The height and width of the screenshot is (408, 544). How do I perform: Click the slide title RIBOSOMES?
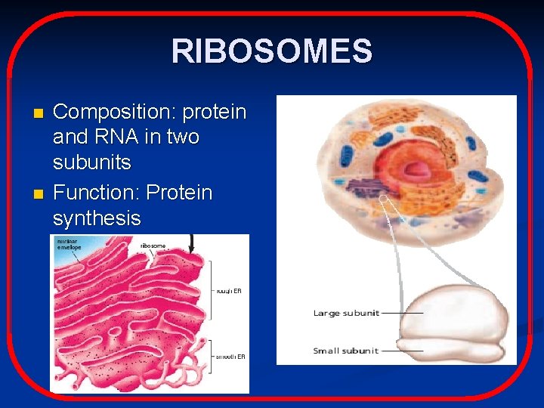coord(271,51)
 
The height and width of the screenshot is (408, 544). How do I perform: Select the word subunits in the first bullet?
coord(91,162)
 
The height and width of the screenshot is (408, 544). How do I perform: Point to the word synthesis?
coord(97,218)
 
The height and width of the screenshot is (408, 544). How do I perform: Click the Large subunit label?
coord(346,313)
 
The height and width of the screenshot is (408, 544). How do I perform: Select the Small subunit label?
coord(346,351)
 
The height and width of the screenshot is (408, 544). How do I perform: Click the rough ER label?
coord(229,290)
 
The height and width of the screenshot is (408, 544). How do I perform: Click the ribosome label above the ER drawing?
coord(154,246)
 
